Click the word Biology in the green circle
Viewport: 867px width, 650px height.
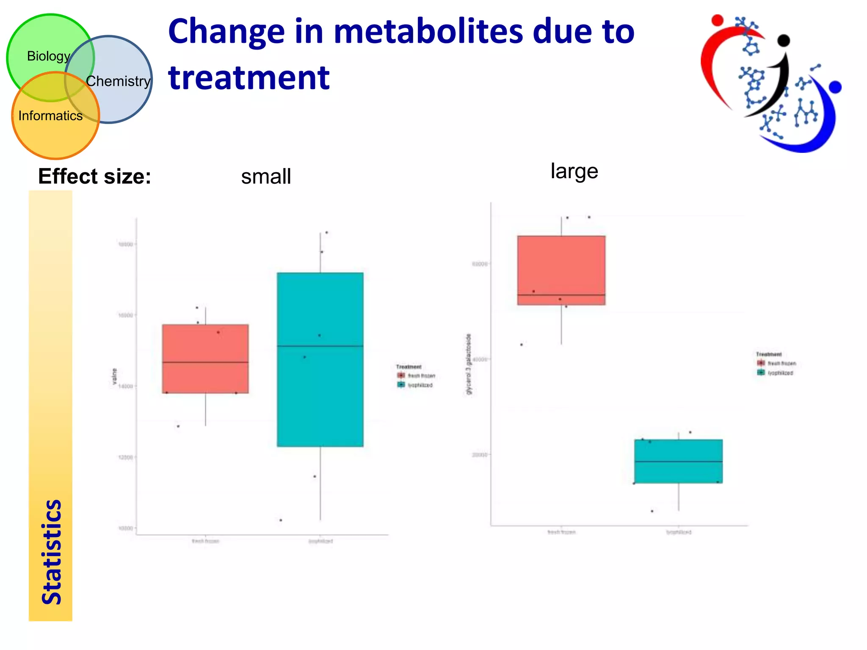point(48,56)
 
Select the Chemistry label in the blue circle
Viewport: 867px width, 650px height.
point(118,81)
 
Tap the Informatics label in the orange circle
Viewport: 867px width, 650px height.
point(50,116)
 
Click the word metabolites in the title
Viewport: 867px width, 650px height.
point(428,32)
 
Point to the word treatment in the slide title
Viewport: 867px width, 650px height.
point(249,78)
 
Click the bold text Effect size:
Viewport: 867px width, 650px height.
point(94,176)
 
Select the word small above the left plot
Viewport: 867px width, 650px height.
point(266,176)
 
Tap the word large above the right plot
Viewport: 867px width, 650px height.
point(574,171)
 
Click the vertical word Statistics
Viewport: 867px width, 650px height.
point(52,552)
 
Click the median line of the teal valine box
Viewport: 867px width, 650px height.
point(320,346)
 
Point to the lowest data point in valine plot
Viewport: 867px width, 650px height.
point(281,520)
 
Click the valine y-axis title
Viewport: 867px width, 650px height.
point(114,377)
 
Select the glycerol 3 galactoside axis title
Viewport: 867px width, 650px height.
point(468,364)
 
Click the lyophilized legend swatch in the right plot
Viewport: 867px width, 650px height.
point(761,373)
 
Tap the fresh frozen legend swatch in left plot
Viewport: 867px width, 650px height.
point(401,375)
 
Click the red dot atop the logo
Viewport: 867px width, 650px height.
point(717,20)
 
